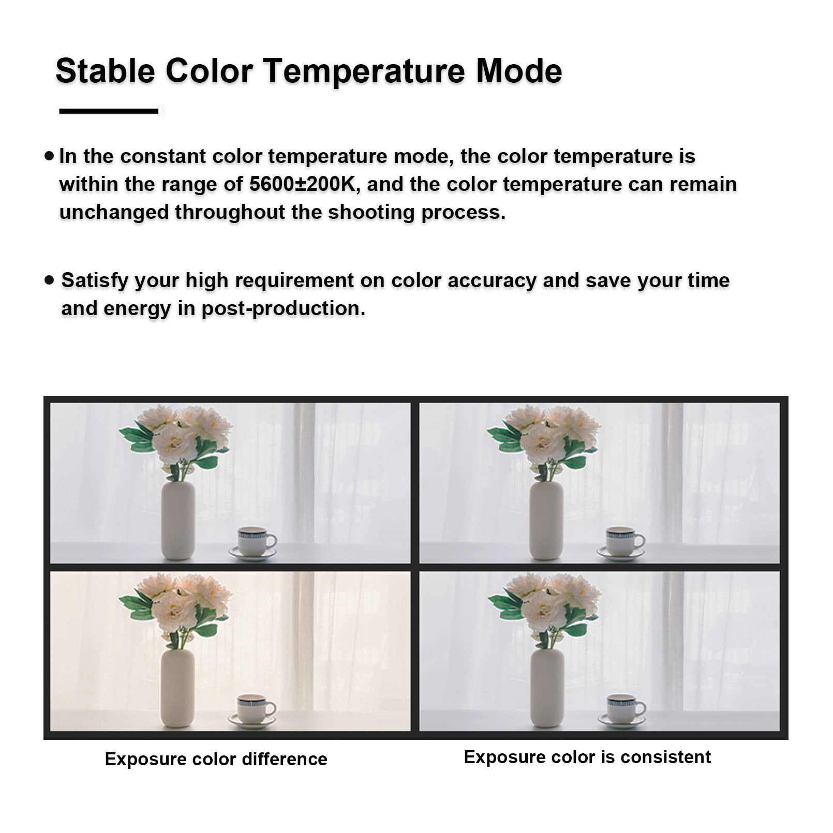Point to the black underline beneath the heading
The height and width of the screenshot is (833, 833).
tap(109, 111)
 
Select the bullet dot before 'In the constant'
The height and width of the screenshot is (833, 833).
tap(49, 155)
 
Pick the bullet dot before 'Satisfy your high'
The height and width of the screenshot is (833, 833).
tap(49, 280)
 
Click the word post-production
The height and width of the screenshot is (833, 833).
tap(283, 309)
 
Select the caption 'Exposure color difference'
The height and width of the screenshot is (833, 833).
tap(216, 759)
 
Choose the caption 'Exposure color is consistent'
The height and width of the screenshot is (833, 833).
tap(587, 757)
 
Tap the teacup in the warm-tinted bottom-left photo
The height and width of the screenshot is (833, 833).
tap(252, 710)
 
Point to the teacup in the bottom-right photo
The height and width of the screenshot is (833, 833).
tap(623, 710)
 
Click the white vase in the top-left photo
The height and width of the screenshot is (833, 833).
tap(178, 520)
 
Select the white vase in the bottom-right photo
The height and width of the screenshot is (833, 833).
tap(547, 688)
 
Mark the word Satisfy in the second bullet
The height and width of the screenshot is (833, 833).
tap(95, 281)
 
